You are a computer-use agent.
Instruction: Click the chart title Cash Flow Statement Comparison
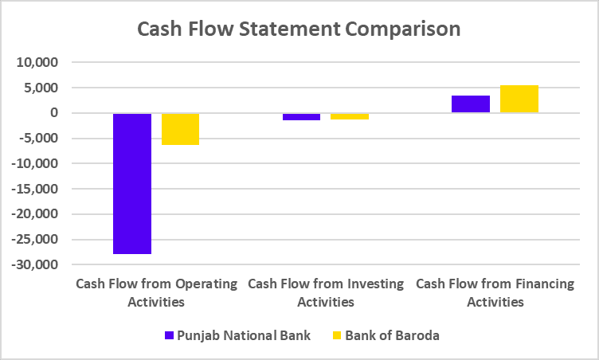tap(299, 29)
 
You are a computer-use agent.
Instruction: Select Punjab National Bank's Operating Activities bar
tap(132, 183)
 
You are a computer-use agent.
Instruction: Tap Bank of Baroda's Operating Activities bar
tap(180, 129)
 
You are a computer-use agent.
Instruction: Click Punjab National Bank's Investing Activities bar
tap(279, 116)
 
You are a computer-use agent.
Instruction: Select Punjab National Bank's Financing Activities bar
tap(471, 104)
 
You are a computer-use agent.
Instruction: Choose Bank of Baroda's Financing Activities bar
tap(519, 99)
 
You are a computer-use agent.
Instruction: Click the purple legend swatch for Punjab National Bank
tap(168, 335)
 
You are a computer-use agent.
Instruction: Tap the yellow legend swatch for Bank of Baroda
tap(335, 335)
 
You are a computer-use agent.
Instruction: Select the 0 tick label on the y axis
tap(53, 113)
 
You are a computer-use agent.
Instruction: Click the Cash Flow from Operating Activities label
tap(156, 292)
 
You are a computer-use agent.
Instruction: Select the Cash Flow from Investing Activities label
tap(326, 292)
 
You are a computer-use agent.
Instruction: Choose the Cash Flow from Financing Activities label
tap(495, 292)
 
